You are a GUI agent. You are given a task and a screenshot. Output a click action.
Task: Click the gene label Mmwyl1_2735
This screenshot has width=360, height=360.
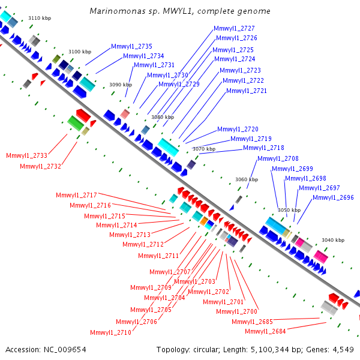pos(131,46)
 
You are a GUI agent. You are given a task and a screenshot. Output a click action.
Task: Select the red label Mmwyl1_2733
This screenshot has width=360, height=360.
pos(26,155)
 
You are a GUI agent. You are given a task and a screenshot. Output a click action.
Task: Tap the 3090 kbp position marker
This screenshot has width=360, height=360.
pos(121,85)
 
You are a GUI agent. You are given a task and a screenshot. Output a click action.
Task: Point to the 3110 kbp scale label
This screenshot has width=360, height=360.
pos(40,18)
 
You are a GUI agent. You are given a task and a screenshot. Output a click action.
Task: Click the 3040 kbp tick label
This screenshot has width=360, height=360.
pos(333,240)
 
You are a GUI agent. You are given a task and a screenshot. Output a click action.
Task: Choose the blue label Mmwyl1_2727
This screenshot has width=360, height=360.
pos(234,28)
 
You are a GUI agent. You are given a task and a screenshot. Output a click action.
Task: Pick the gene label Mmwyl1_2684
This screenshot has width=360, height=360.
pos(265,331)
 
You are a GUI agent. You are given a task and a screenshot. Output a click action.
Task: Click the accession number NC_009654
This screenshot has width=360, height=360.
pos(65,350)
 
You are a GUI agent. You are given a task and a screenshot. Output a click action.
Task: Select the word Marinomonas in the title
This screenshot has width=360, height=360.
pos(118,11)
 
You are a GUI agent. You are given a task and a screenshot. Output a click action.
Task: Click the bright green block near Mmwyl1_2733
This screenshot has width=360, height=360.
pos(76,123)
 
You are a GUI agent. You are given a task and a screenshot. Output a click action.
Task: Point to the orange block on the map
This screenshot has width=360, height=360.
pos(204,221)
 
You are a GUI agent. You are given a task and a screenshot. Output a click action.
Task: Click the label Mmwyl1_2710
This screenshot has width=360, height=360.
pos(110,332)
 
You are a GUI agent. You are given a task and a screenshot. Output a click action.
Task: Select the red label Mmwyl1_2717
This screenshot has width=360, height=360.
pos(76,195)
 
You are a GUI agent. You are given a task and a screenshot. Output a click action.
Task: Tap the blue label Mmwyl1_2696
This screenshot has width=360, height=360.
pos(333,197)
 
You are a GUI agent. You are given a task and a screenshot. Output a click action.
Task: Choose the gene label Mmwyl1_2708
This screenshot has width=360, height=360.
pos(278,158)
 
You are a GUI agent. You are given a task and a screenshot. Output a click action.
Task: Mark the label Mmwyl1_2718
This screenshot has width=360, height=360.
pos(263,148)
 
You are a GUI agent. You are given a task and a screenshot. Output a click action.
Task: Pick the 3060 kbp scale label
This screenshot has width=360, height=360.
pos(247,179)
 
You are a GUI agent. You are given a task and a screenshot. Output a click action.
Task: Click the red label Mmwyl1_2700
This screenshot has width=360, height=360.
pos(237,311)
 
